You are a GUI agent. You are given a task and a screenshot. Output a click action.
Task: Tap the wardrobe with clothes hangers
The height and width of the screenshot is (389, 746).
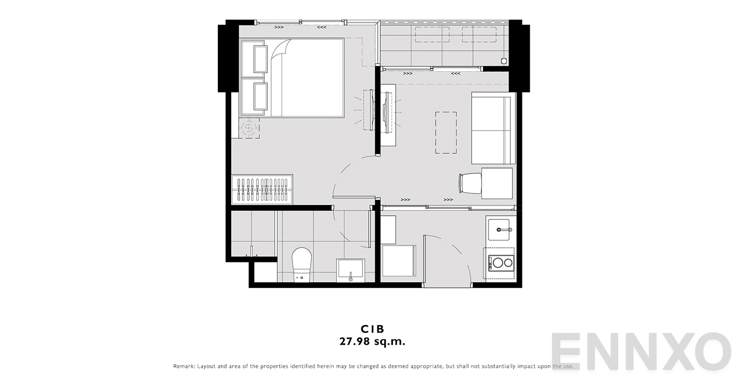point(262,190)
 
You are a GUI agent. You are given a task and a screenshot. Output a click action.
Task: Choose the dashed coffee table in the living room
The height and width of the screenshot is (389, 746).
point(446,132)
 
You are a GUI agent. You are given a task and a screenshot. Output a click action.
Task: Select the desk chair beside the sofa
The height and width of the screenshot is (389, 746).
point(470,183)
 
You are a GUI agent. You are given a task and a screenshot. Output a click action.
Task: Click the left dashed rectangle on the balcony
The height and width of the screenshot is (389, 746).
point(432,34)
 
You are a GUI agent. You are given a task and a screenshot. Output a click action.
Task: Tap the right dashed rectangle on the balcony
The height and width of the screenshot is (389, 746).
point(479,34)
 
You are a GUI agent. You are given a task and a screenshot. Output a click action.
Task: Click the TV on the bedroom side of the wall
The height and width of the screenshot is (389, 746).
point(368,110)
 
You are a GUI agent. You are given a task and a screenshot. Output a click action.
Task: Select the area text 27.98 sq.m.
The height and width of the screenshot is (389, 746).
point(372,342)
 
